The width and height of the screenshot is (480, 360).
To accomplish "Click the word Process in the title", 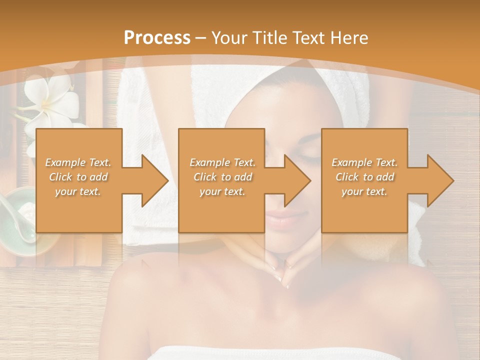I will click(157, 37).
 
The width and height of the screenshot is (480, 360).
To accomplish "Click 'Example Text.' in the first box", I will click(78, 162).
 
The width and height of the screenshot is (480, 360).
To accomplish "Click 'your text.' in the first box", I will click(78, 191).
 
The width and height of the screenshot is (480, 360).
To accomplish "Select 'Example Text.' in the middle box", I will click(222, 162).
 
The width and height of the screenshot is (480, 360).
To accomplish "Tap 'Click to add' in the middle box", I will click(222, 177).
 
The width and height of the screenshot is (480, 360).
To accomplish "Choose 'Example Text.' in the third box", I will click(364, 162).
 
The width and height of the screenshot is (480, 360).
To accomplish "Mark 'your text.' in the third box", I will click(364, 191).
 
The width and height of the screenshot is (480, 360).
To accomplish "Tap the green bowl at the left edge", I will click(17, 215).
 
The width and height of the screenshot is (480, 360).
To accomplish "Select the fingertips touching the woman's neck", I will click(280, 272).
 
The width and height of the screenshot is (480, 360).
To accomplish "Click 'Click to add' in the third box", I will click(364, 177).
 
